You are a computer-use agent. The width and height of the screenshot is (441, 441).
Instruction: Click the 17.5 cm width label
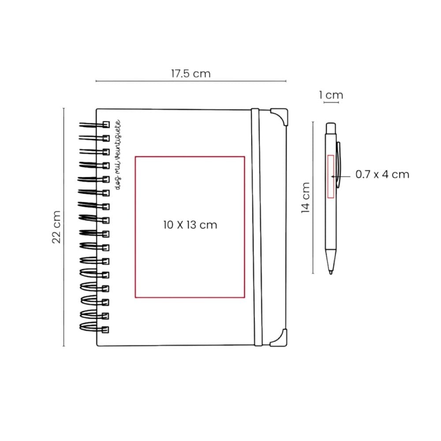pyautogui.click(x=191, y=74)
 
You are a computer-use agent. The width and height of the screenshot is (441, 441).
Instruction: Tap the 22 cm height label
pyautogui.click(x=56, y=227)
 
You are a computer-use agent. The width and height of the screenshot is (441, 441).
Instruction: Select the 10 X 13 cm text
pyautogui.click(x=190, y=225)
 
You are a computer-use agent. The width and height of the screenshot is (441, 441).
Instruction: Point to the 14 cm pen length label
pyautogui.click(x=306, y=198)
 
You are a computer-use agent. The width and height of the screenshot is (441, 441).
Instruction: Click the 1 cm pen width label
pyautogui.click(x=331, y=95)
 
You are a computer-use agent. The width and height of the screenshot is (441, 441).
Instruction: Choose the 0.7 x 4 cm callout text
pyautogui.click(x=382, y=174)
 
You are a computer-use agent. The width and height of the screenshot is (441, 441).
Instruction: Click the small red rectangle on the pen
pyautogui.click(x=331, y=176)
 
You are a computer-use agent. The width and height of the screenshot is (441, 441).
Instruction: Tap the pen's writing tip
pyautogui.click(x=331, y=273)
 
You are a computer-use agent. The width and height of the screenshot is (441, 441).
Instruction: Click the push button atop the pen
pyautogui.click(x=331, y=128)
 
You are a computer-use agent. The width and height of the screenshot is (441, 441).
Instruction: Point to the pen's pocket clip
pyautogui.click(x=338, y=164)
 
